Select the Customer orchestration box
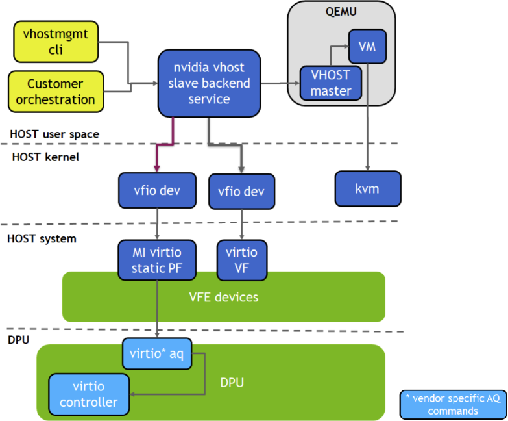[55, 92]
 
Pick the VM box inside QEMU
[367, 47]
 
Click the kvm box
[368, 189]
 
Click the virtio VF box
[241, 259]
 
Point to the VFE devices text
[223, 297]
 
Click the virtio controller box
[88, 394]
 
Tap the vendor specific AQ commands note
[453, 404]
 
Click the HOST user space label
[54, 134]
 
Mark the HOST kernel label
[45, 156]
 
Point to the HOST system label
[42, 238]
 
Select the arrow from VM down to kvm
[368, 117]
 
